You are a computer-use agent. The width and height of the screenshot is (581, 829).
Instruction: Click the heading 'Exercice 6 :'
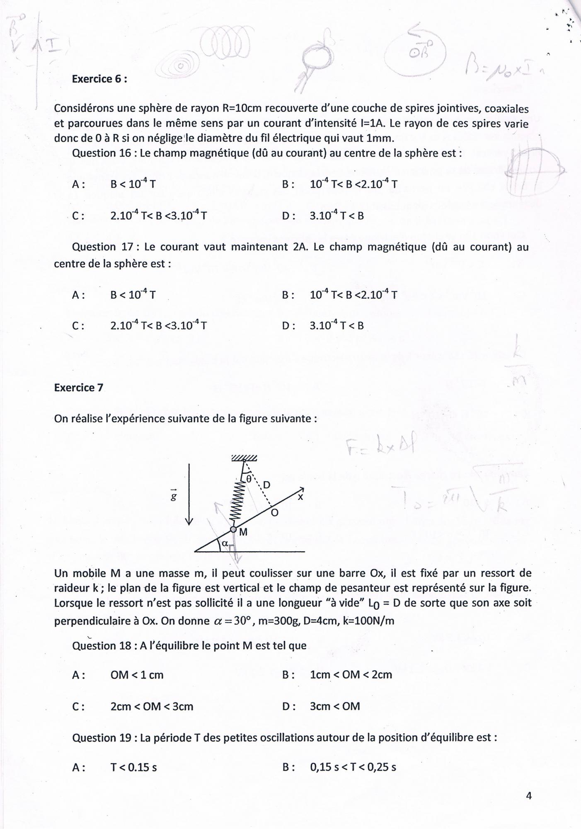[x=99, y=79]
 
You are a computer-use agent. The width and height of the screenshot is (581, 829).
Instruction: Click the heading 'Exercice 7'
[x=79, y=388]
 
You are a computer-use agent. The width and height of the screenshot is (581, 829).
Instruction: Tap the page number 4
[x=528, y=795]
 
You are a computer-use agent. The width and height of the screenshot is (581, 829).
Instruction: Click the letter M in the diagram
[x=243, y=533]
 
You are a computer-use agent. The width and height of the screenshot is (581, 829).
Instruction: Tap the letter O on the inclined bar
[x=274, y=513]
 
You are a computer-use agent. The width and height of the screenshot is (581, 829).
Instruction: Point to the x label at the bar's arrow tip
[x=300, y=497]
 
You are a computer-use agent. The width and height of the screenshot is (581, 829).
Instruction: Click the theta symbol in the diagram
[x=249, y=478]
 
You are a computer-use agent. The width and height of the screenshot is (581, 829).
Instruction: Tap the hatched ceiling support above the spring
[x=244, y=458]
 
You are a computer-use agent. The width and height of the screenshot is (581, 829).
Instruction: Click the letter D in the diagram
[x=267, y=485]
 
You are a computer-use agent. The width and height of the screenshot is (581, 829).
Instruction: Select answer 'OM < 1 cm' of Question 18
[x=137, y=675]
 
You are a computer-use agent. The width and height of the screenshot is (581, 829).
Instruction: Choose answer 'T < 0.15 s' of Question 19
[x=133, y=767]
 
